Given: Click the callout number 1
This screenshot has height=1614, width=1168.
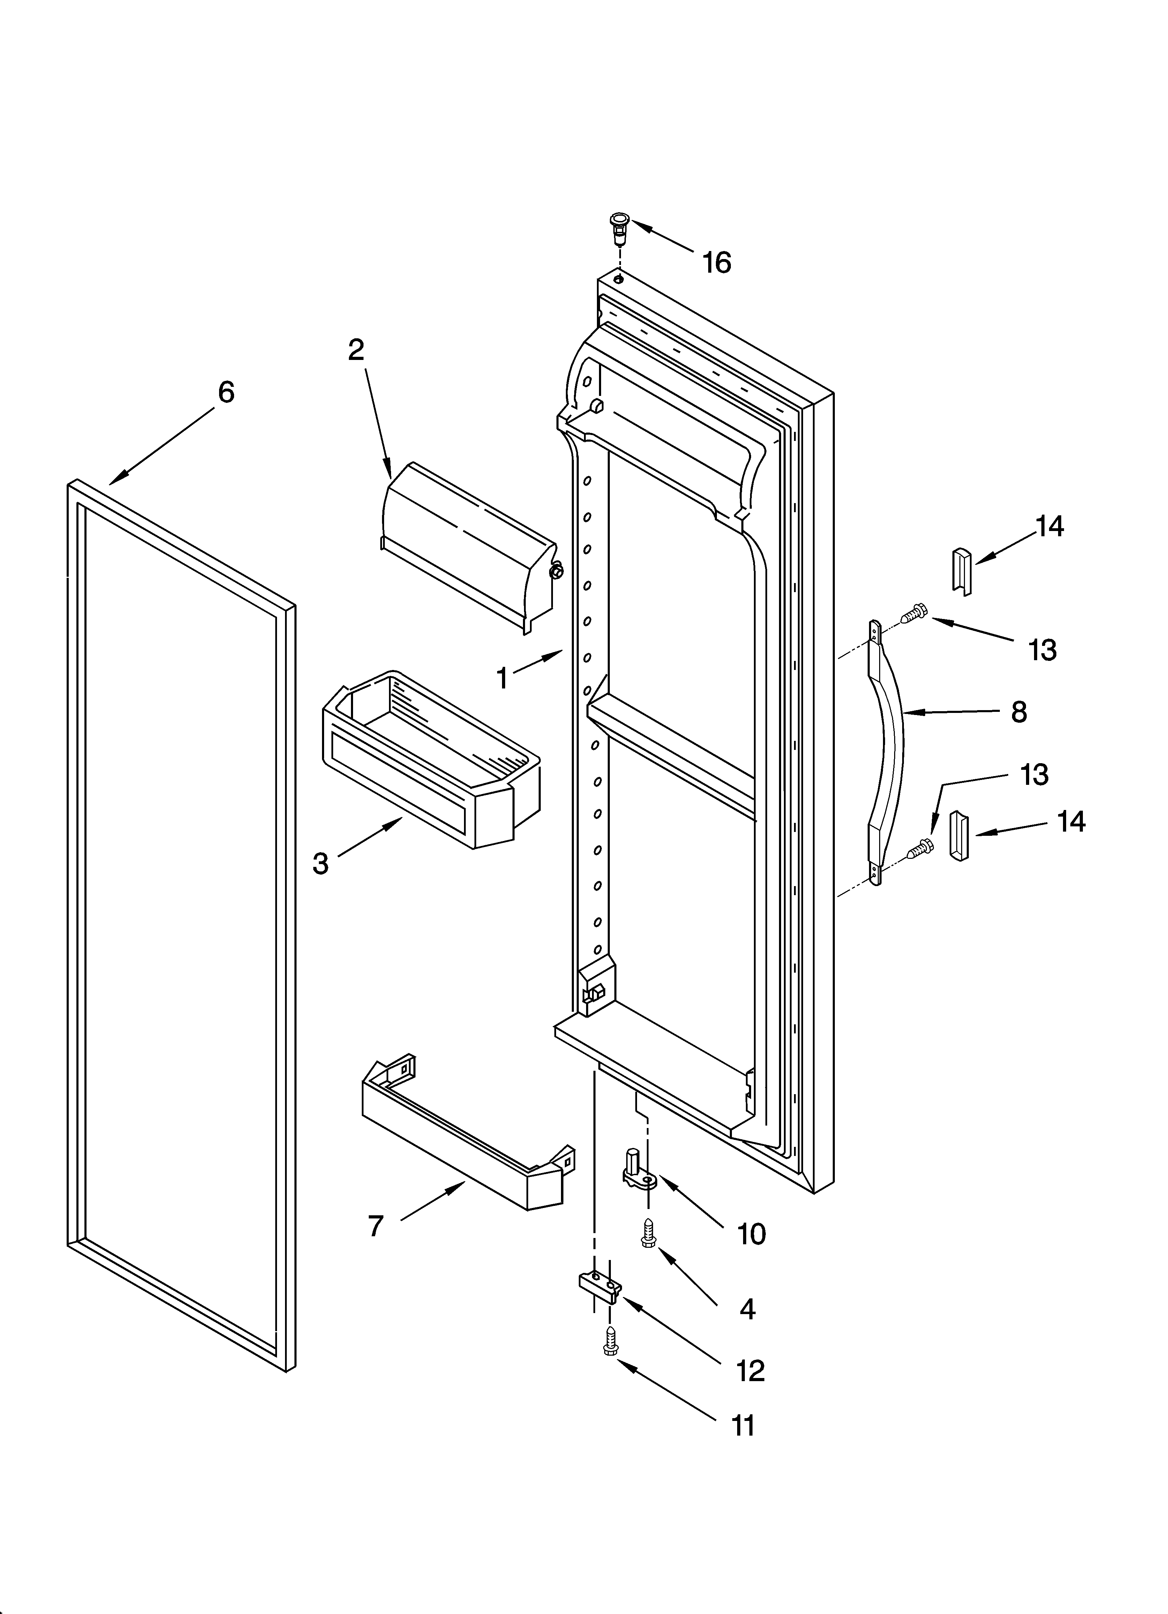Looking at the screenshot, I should pyautogui.click(x=502, y=678).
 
